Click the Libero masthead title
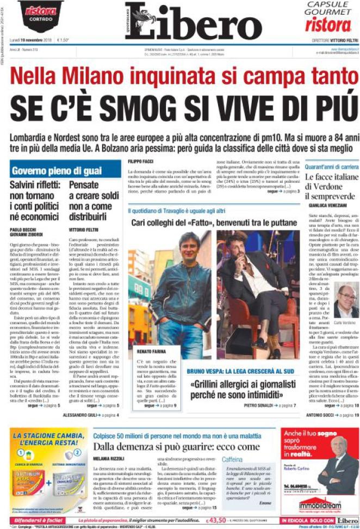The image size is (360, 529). (x=194, y=21)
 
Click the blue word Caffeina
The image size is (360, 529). (x=233, y=459)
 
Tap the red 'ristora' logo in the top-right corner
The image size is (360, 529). (x=328, y=25)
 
